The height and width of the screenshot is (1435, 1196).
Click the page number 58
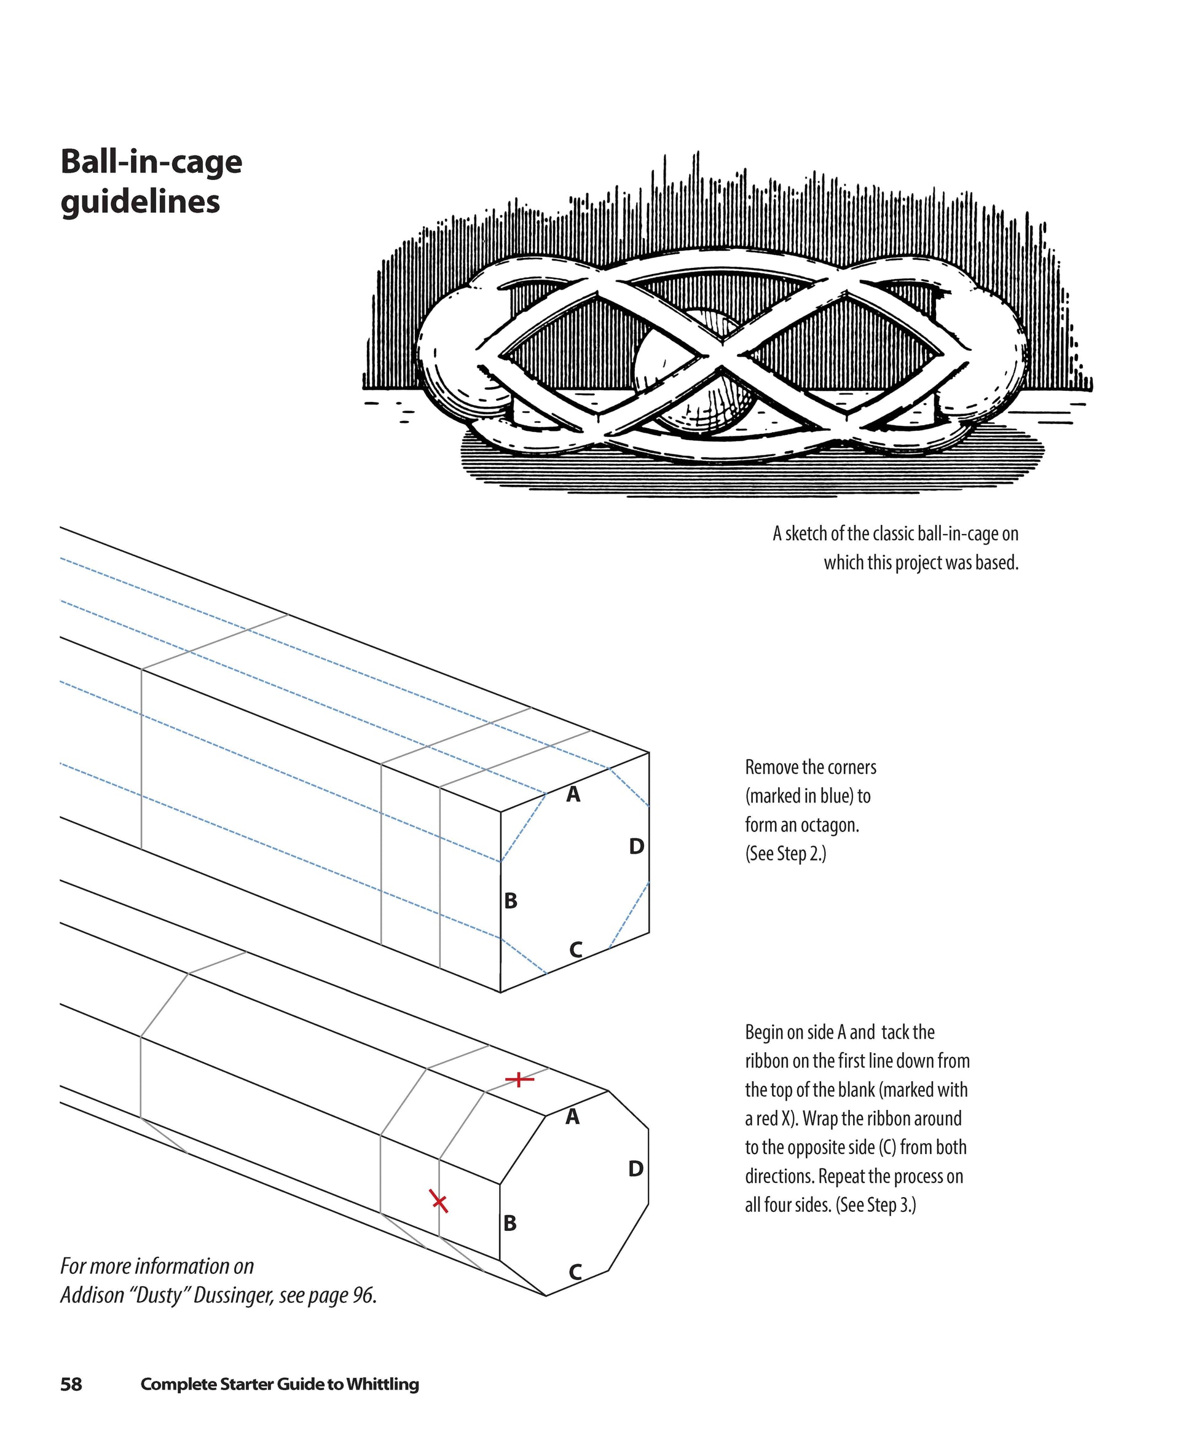pyautogui.click(x=71, y=1385)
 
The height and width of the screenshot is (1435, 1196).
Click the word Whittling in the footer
pyautogui.click(x=383, y=1385)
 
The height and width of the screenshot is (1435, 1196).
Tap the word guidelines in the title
pyautogui.click(x=140, y=202)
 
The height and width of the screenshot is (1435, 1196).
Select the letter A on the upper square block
pyautogui.click(x=573, y=794)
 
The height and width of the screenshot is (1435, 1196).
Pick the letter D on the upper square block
pyautogui.click(x=636, y=847)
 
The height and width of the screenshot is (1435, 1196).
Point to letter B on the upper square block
pyautogui.click(x=511, y=902)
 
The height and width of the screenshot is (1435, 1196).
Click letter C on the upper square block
pyautogui.click(x=575, y=950)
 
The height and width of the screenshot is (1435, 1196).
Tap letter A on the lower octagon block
pyautogui.click(x=573, y=1117)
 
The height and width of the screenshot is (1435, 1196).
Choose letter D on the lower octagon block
pyautogui.click(x=635, y=1168)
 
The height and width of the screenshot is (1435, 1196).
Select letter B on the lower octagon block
pyautogui.click(x=510, y=1223)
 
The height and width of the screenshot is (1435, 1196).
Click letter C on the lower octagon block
pyautogui.click(x=575, y=1272)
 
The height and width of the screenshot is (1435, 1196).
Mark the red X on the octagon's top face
pyautogui.click(x=519, y=1080)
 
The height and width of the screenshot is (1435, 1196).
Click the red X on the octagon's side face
pyautogui.click(x=439, y=1201)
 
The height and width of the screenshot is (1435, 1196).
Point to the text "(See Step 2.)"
pyautogui.click(x=785, y=854)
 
